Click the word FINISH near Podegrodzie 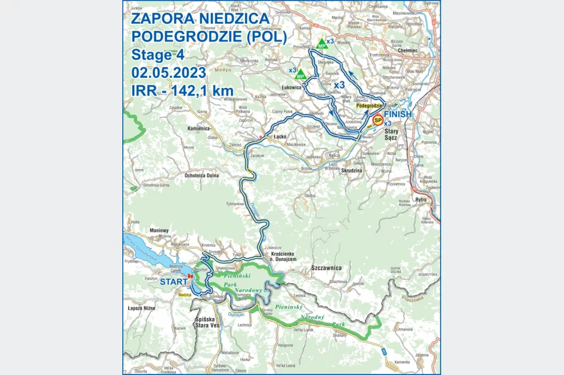click(397, 113)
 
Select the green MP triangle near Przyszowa click(321, 44)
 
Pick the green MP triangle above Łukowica click(300, 75)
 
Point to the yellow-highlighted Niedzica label click(184, 293)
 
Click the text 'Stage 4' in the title click(158, 55)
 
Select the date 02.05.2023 click(169, 73)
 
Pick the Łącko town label click(280, 136)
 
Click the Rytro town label click(422, 199)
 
